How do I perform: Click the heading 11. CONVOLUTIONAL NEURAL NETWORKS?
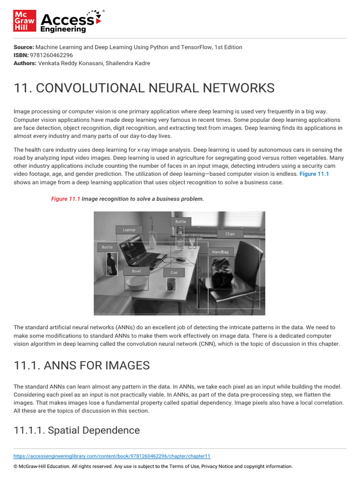click(144, 88)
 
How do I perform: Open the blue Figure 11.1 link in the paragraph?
click(314, 174)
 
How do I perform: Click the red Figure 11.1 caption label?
click(66, 199)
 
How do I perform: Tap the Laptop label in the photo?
click(129, 230)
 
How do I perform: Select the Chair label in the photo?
click(230, 233)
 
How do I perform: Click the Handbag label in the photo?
click(220, 252)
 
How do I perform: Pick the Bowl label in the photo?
click(136, 271)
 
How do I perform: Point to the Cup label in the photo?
click(174, 272)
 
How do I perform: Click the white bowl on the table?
click(136, 283)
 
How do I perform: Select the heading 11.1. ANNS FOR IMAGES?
click(82, 366)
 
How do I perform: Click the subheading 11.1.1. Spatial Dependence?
click(77, 430)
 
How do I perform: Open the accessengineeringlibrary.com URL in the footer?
click(112, 456)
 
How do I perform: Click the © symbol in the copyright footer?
click(15, 466)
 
